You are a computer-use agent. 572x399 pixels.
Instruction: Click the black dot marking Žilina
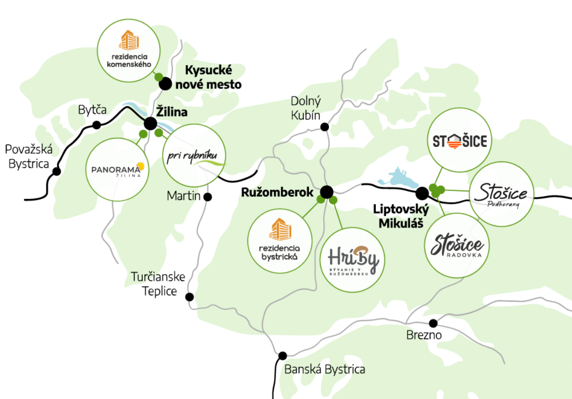(150, 124)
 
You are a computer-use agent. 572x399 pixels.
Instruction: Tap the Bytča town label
(91, 111)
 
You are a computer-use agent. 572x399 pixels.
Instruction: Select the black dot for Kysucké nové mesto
(165, 84)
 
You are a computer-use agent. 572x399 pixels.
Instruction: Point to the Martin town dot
(208, 196)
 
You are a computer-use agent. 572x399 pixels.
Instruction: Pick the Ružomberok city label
(277, 192)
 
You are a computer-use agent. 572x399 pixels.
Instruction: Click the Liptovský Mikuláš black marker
(422, 193)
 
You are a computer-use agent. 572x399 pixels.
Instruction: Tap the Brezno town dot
(433, 323)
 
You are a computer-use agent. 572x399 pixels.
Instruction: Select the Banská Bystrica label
(325, 369)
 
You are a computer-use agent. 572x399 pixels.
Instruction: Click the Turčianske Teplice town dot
(190, 297)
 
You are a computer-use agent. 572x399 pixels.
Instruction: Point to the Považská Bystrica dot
(57, 171)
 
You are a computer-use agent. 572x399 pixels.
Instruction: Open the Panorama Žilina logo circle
(117, 169)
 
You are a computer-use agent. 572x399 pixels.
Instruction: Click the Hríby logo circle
(353, 259)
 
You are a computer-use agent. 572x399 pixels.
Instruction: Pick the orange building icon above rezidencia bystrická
(280, 230)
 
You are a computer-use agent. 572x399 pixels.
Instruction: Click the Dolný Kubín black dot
(325, 127)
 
